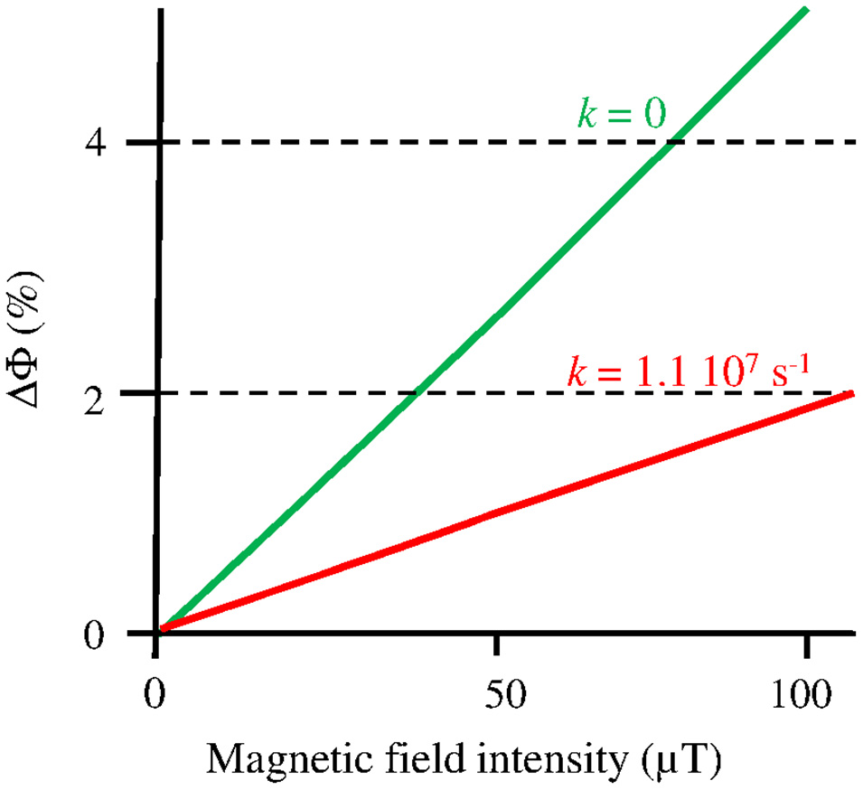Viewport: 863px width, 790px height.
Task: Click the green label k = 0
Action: pos(621,116)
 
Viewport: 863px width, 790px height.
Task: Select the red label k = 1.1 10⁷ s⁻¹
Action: pos(691,371)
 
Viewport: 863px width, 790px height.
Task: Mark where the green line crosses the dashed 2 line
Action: pos(415,393)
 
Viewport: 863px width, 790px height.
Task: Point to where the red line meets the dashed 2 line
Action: pos(849,393)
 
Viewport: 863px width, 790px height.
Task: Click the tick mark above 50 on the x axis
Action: pos(496,645)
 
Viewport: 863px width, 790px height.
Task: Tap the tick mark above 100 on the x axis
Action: pos(804,645)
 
